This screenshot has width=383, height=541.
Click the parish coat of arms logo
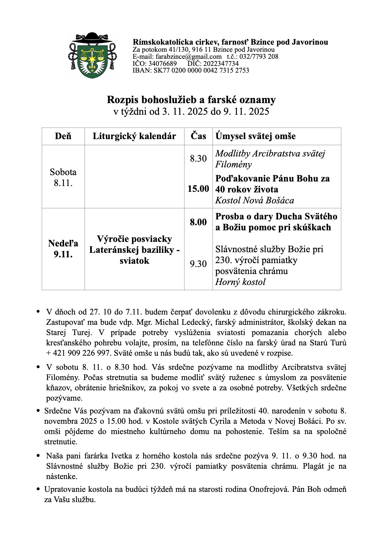pyautogui.click(x=92, y=55)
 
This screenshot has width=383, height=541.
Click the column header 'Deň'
pyautogui.click(x=63, y=136)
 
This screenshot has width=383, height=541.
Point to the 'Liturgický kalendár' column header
pyautogui.click(x=134, y=136)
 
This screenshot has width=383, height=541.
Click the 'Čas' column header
pyautogui.click(x=198, y=136)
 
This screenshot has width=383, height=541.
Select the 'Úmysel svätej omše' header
pyautogui.click(x=256, y=136)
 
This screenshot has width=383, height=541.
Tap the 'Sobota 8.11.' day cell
pyautogui.click(x=63, y=177)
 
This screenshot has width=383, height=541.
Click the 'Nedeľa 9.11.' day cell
pyautogui.click(x=63, y=249)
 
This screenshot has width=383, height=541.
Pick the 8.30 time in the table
pyautogui.click(x=198, y=159)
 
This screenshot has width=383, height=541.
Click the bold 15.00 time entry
pyautogui.click(x=198, y=189)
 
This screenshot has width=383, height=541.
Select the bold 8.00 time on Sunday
pyautogui.click(x=198, y=222)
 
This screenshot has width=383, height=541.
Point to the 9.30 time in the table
pyautogui.click(x=198, y=264)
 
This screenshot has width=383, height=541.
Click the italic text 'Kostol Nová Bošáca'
pyautogui.click(x=255, y=200)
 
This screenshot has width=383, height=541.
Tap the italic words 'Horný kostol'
pyautogui.click(x=240, y=282)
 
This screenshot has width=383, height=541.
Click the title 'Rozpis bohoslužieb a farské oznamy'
pyautogui.click(x=191, y=100)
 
